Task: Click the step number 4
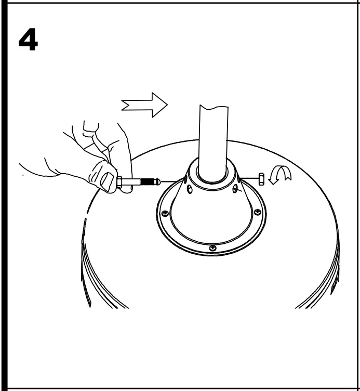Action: coord(28,41)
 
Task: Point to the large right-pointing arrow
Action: coord(145,105)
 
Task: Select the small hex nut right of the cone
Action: coord(261,179)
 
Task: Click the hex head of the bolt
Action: coord(120,182)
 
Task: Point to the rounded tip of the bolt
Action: coord(157,182)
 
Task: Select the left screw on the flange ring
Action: coord(165,213)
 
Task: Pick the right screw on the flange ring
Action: coord(257,212)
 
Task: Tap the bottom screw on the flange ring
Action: coord(212,248)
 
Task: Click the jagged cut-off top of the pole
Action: coord(214,108)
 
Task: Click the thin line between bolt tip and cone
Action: coord(171,181)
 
